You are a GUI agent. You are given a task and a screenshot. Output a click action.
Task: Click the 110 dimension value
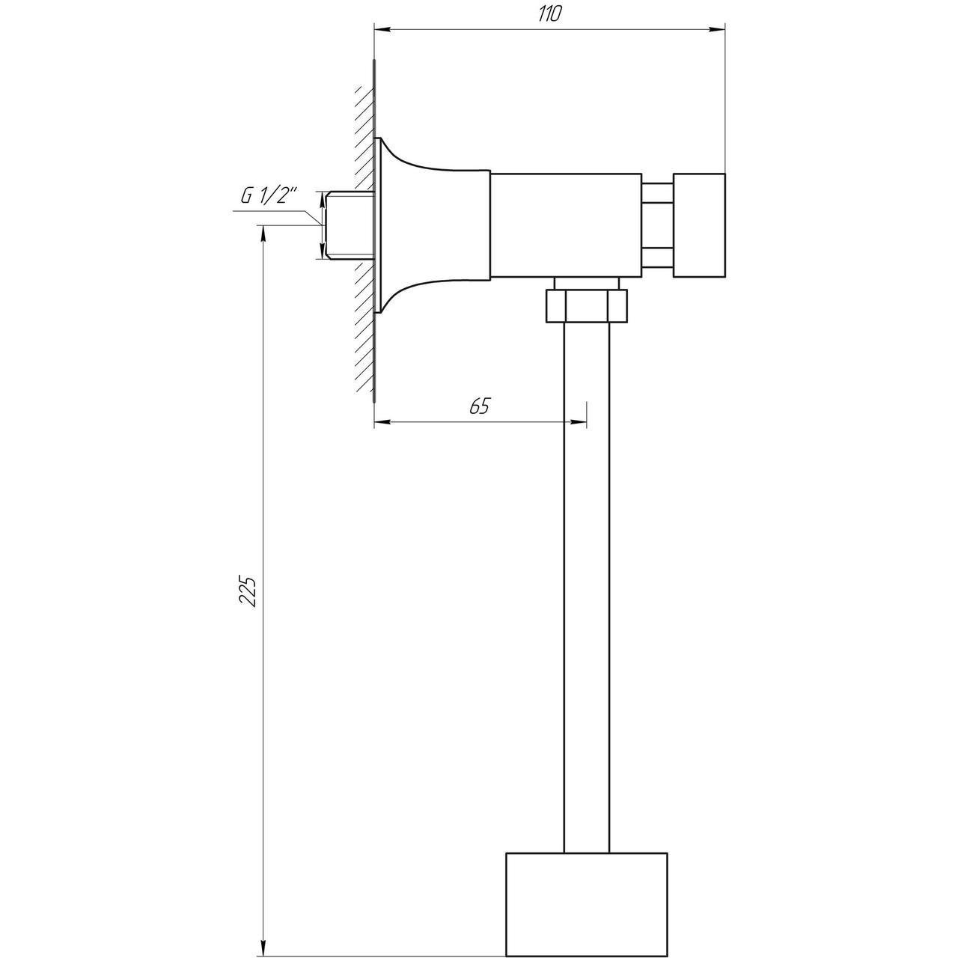549,14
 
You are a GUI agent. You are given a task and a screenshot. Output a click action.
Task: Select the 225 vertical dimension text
248,591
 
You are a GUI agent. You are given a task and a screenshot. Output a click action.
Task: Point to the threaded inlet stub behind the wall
349,225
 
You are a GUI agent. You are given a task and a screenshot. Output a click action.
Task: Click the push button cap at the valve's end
698,225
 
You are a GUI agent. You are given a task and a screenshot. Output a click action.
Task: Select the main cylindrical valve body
566,225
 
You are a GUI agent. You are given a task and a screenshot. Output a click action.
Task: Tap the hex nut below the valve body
587,306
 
